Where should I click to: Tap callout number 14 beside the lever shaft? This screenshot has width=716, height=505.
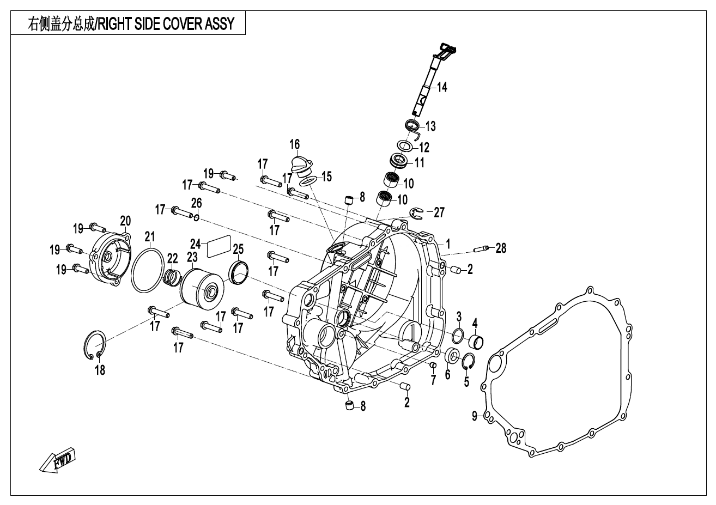tap(441, 87)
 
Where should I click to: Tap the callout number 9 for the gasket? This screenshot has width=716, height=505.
tap(475, 416)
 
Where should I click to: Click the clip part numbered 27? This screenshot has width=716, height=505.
tap(416, 214)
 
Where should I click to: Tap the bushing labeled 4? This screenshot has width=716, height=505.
tap(476, 342)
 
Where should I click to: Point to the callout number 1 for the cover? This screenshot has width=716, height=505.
tap(448, 242)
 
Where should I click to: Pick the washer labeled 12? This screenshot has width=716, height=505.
tap(404, 146)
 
